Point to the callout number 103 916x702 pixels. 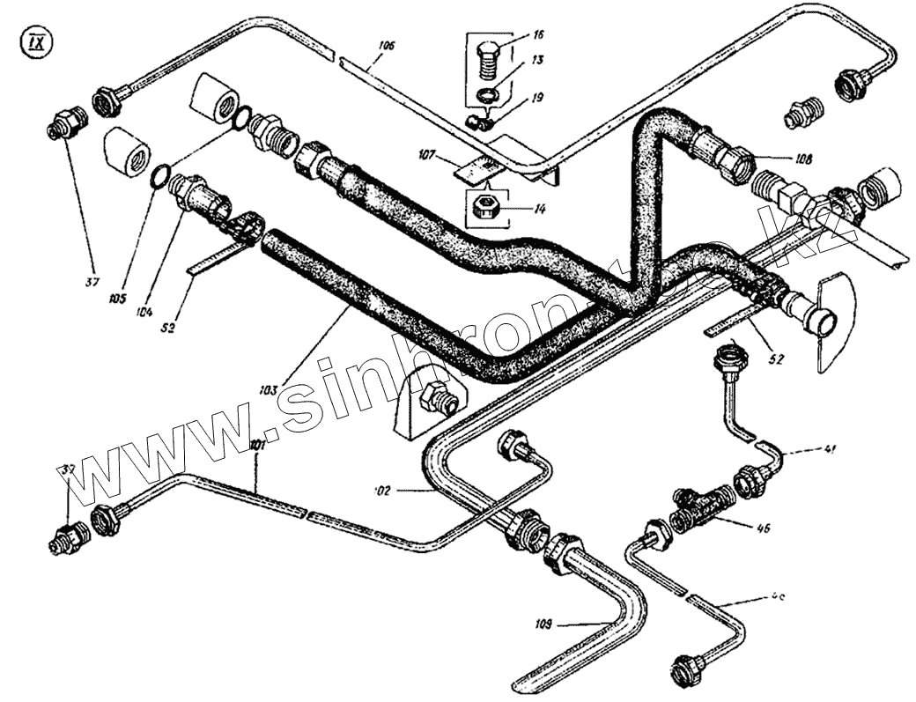point(270,388)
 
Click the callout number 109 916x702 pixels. point(543,624)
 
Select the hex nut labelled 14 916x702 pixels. point(484,209)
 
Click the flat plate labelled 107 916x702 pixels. point(474,166)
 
